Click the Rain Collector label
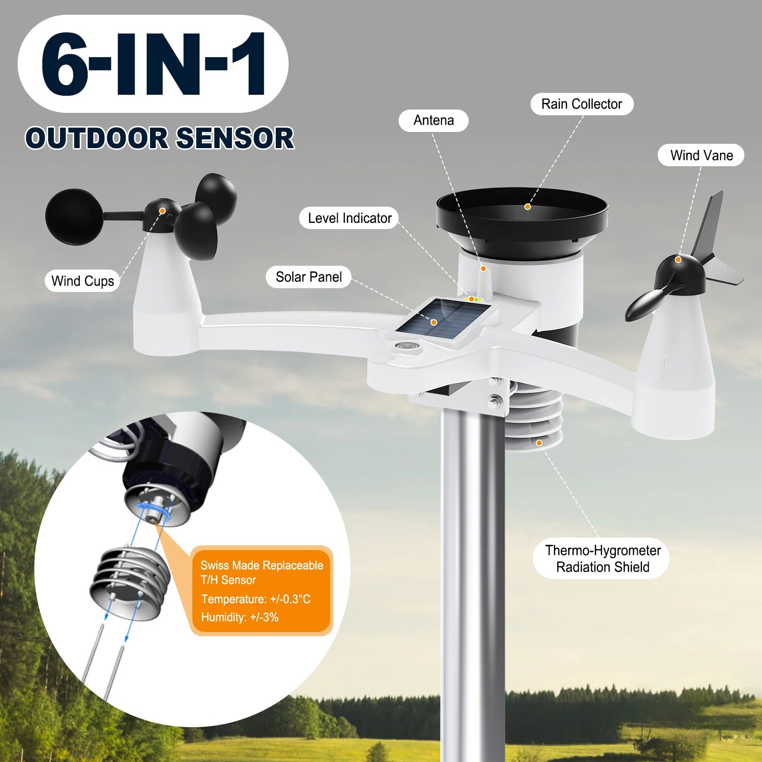[x=582, y=104]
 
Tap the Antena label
[x=433, y=120]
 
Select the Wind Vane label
[x=701, y=155]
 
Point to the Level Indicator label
[x=349, y=218]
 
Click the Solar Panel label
[x=309, y=277]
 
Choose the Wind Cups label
[x=82, y=281]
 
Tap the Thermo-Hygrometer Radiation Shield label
[x=602, y=559]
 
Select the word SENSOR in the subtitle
[x=235, y=139]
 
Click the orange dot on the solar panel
[x=434, y=322]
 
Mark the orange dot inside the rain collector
[x=527, y=207]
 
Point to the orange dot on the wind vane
[x=678, y=260]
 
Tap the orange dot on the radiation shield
[x=539, y=443]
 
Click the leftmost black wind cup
[x=74, y=217]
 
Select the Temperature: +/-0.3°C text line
[x=256, y=599]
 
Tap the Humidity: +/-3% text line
[x=240, y=617]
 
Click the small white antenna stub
[x=483, y=281]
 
